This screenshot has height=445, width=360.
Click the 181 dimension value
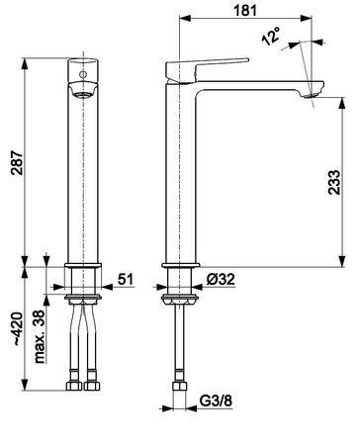(245, 11)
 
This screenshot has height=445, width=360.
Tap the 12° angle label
(271, 36)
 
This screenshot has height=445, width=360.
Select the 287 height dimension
(17, 162)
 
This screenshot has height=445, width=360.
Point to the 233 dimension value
(334, 182)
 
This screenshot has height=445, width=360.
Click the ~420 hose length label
(17, 328)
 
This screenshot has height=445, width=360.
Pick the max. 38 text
(40, 336)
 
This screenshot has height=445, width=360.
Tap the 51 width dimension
(126, 280)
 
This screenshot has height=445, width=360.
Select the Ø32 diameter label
(221, 280)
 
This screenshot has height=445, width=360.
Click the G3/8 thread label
(216, 401)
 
